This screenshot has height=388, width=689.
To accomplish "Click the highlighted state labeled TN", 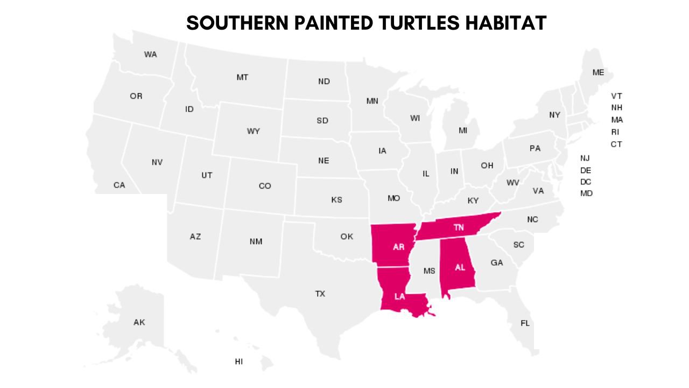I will point(458,227).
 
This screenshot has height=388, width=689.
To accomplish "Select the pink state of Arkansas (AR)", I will point(398,247).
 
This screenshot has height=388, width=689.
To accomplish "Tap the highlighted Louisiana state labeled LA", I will point(399,296).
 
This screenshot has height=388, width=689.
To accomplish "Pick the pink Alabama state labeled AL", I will point(460,267).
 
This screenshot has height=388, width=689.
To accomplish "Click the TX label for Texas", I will point(320,294).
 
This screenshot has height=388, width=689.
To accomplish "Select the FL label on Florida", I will point(525,323).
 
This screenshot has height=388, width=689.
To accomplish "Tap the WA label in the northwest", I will point(150,54).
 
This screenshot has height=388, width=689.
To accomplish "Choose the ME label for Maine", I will point(598,72).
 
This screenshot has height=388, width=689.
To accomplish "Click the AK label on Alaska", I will point(139,322).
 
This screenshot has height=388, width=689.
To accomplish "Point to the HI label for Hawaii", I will point(238,362).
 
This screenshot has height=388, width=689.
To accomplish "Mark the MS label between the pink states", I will point(429,271).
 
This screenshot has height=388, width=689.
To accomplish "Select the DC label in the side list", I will point(586,182).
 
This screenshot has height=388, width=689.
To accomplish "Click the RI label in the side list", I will point(615,132).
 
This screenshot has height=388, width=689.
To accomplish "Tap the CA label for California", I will point(119,185).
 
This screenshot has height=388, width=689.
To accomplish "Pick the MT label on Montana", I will point(242,78).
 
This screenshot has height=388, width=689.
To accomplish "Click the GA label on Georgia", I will point(497,263).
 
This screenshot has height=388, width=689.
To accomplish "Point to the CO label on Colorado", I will point(265,186).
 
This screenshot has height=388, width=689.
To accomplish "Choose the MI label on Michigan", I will point(463,130).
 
